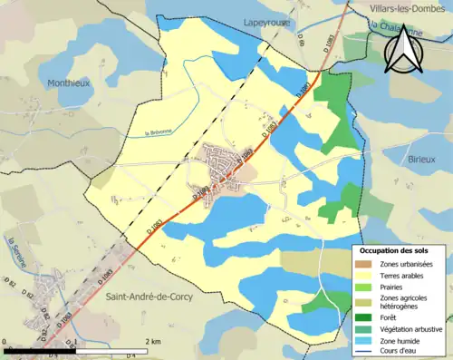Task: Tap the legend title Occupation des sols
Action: pyautogui.click(x=396, y=249)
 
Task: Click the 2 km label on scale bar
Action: pyautogui.click(x=154, y=341)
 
